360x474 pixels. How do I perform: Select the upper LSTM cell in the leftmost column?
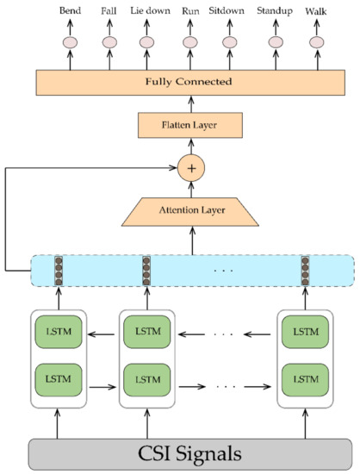tap(59, 332)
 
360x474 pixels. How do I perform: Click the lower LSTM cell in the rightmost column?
tap(306, 377)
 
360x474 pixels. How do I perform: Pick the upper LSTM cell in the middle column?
tap(146, 332)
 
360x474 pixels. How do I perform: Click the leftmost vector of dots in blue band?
tap(59, 270)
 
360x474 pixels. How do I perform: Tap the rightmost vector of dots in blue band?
tap(306, 270)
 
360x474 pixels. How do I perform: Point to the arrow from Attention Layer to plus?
tap(191, 189)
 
